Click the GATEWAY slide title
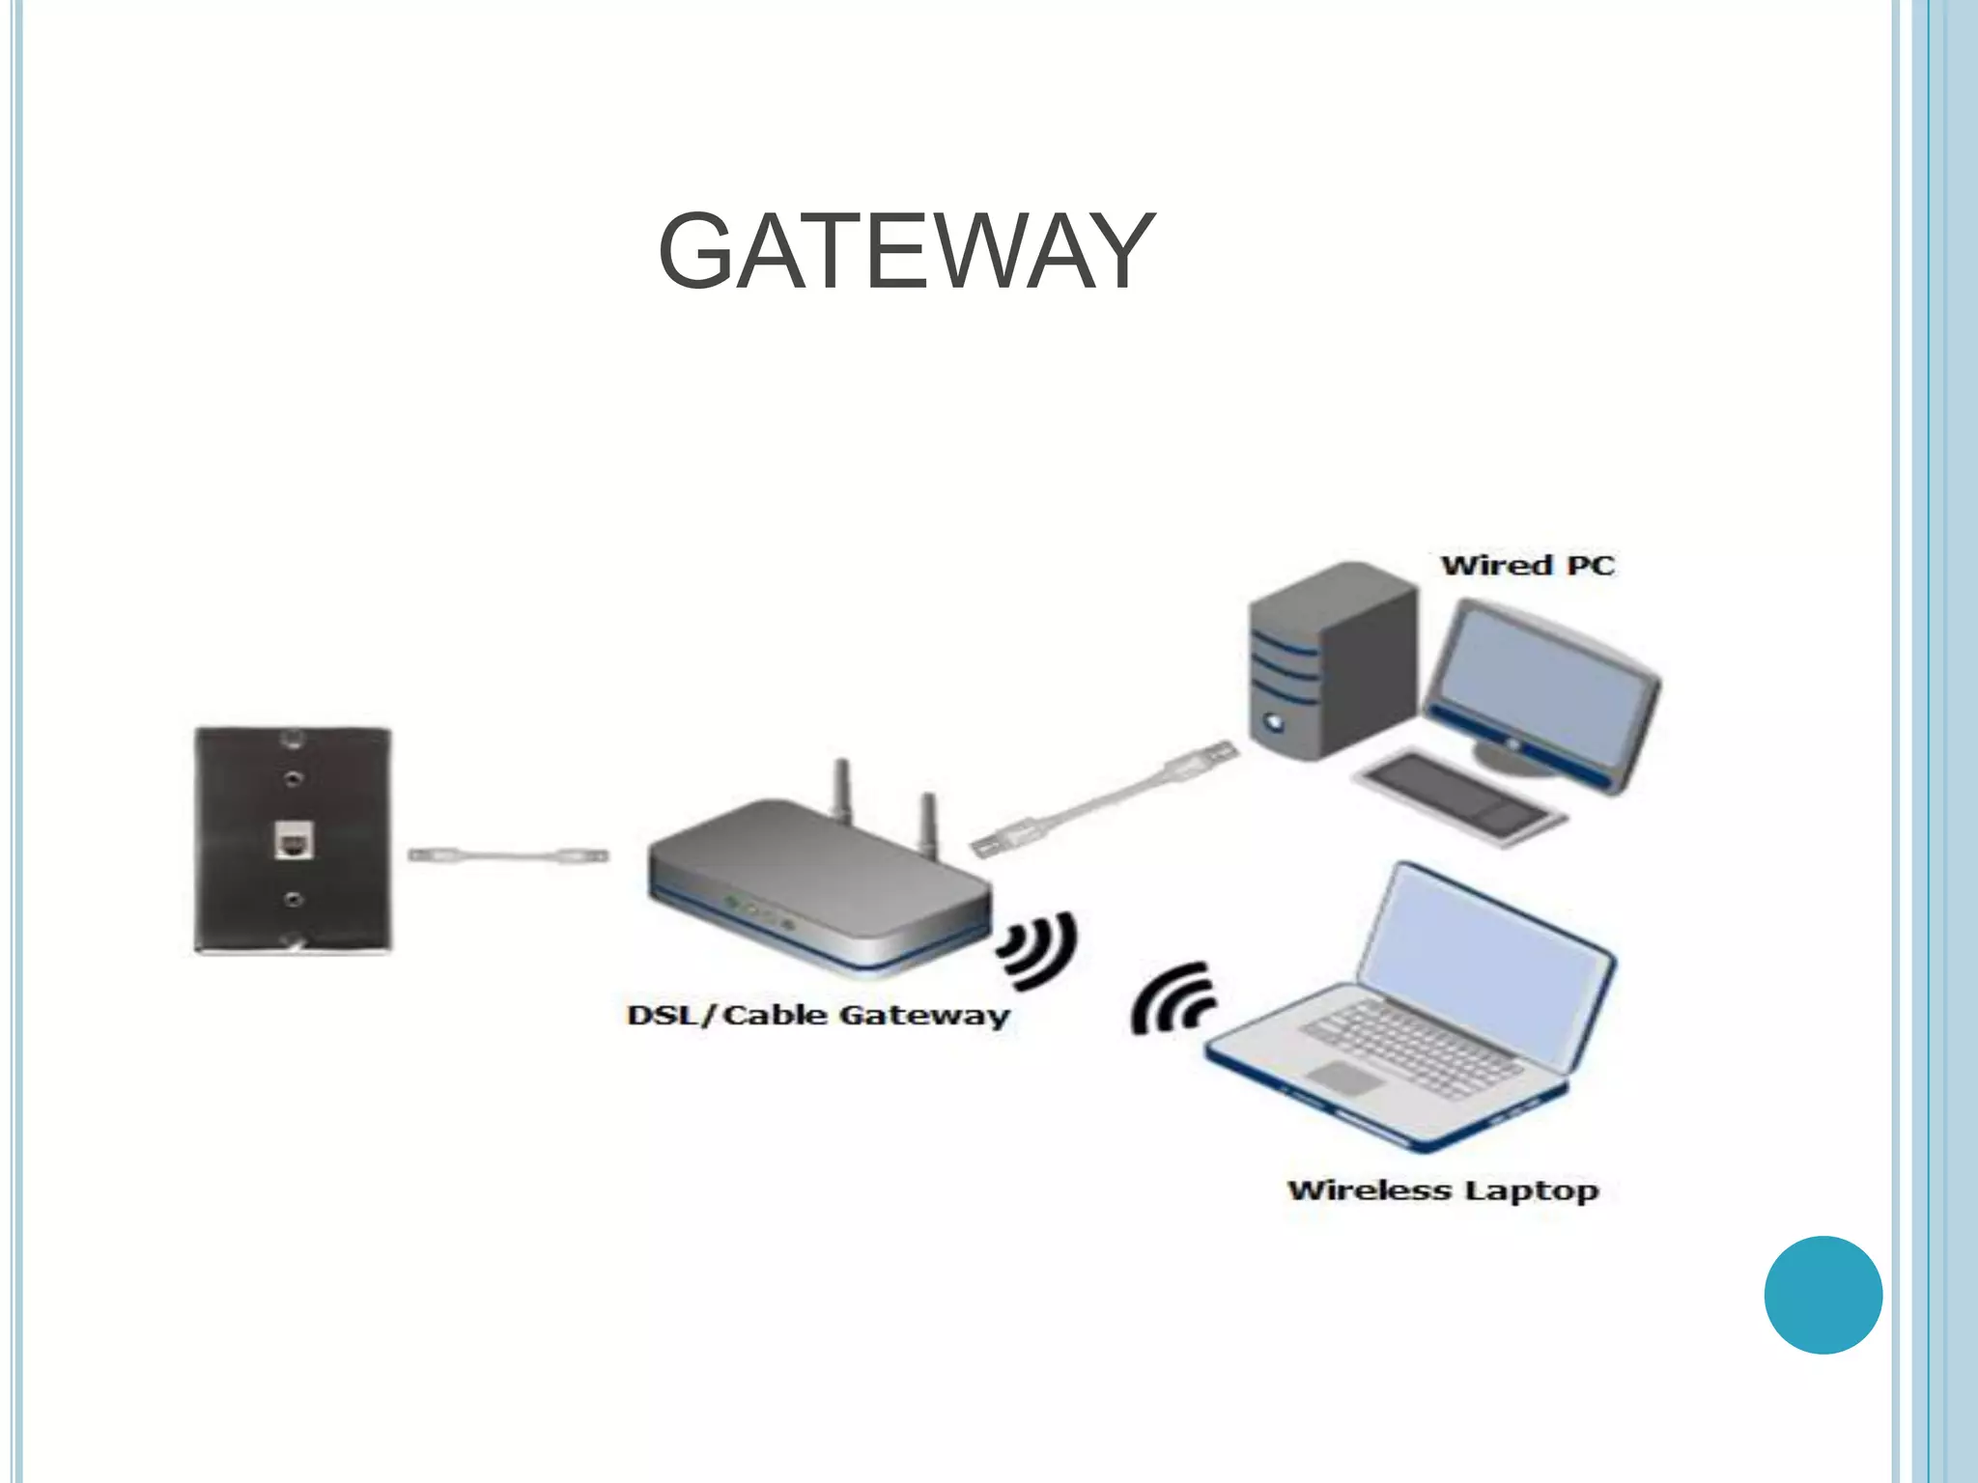pos(906,251)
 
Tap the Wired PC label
pos(1527,565)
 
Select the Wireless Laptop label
pos(1443,1190)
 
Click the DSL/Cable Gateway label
pos(818,1015)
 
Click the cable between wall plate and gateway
pos(507,855)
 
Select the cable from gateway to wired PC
pos(1106,800)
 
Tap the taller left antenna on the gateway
pos(842,792)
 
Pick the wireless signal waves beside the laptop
pos(1172,1000)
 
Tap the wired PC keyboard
pos(1457,796)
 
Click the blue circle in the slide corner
pos(1823,1295)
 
